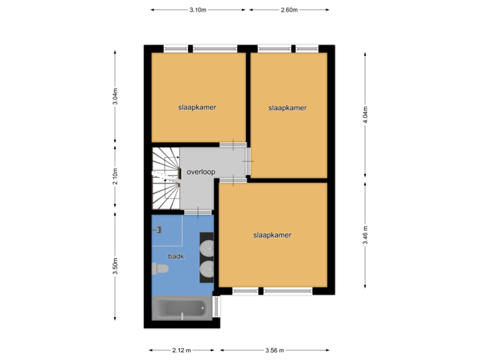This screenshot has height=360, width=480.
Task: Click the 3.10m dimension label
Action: pyautogui.click(x=199, y=10)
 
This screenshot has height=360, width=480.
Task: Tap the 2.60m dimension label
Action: pyautogui.click(x=289, y=10)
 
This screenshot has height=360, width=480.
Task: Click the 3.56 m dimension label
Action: pyautogui.click(x=275, y=350)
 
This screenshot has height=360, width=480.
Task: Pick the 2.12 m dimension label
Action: pyautogui.click(x=181, y=350)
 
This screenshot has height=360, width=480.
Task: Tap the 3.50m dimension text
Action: pyautogui.click(x=115, y=266)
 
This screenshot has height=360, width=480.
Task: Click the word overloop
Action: pyautogui.click(x=201, y=171)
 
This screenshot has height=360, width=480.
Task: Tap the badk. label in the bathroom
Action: pyautogui.click(x=177, y=256)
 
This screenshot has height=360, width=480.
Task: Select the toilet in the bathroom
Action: pyautogui.click(x=161, y=269)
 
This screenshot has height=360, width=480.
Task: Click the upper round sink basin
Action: pyautogui.click(x=207, y=247)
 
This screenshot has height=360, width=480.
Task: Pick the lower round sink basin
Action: pyautogui.click(x=207, y=269)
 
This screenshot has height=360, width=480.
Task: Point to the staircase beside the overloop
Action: pyautogui.click(x=166, y=177)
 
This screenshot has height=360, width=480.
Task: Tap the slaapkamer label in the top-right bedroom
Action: pyautogui.click(x=287, y=107)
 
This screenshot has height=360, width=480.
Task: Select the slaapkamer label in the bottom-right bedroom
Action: pyautogui.click(x=272, y=235)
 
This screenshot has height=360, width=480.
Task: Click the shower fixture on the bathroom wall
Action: pyautogui.click(x=159, y=229)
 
